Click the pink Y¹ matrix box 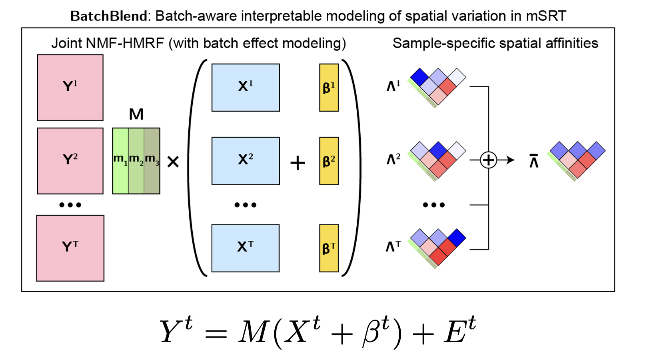70,88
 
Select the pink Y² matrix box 70,161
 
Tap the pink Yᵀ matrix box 70,248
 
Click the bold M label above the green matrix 136,114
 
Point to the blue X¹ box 246,88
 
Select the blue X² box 246,161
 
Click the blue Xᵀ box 246,248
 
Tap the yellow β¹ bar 329,88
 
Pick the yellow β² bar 329,161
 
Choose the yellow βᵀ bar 329,248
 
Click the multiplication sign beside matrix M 173,162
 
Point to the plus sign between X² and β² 298,163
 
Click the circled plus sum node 488,160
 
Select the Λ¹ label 393,86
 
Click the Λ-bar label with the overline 534,161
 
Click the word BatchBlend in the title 109,16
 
